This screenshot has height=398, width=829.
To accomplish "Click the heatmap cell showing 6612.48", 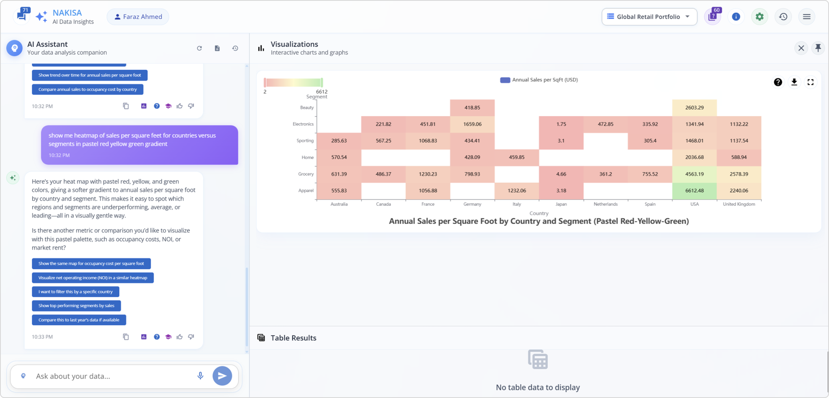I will click(x=694, y=191).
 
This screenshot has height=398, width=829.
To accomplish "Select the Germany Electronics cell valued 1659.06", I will click(x=472, y=124).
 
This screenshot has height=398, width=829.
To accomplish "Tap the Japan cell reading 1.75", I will click(x=561, y=124).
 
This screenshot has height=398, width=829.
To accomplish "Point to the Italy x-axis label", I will click(x=516, y=204).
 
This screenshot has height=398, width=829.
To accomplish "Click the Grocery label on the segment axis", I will click(x=305, y=174).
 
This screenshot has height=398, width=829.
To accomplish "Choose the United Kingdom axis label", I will click(x=739, y=204).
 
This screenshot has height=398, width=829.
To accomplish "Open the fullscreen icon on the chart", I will click(x=810, y=82).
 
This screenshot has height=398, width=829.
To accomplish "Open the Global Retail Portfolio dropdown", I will click(x=649, y=17).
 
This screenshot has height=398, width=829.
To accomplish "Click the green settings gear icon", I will click(x=759, y=17).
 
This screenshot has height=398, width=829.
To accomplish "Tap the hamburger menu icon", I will click(x=806, y=17).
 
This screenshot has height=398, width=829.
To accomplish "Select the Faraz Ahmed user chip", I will click(x=138, y=17).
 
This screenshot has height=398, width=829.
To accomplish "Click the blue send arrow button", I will click(x=222, y=376).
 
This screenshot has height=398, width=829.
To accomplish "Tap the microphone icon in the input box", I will click(x=200, y=376).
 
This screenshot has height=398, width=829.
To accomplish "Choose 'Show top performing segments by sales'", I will click(x=76, y=306).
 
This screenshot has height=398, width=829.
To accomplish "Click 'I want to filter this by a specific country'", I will click(x=75, y=292).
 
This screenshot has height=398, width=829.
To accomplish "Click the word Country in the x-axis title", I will click(x=539, y=213).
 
